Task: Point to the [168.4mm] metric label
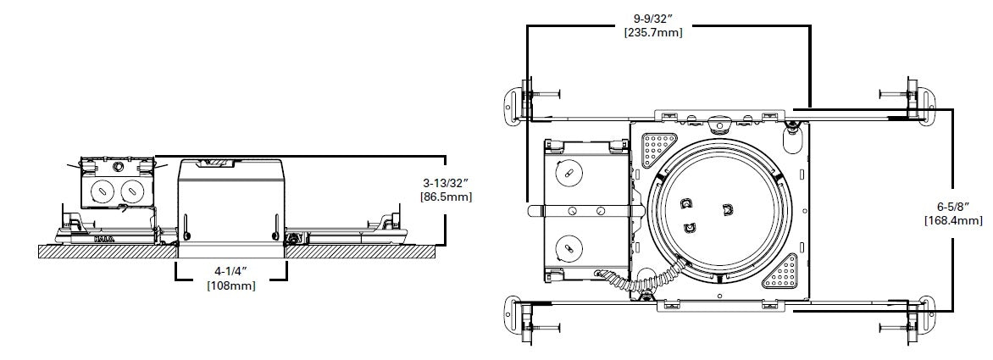coord(952,220)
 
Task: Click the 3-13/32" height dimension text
coord(447,181)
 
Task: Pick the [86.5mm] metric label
coord(447,197)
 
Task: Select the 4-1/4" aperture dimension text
coord(231,272)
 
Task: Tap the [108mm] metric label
coord(231,286)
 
